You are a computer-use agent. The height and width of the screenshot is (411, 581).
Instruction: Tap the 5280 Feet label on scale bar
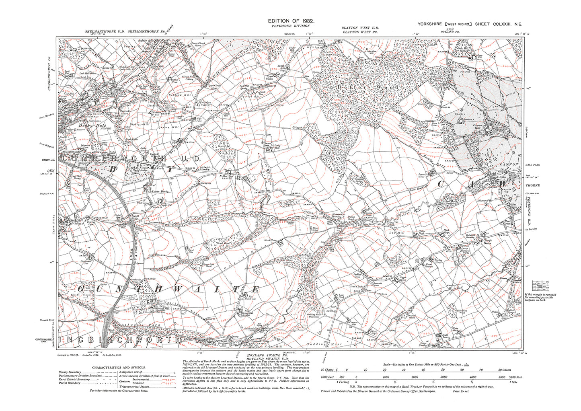coord(513,377)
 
